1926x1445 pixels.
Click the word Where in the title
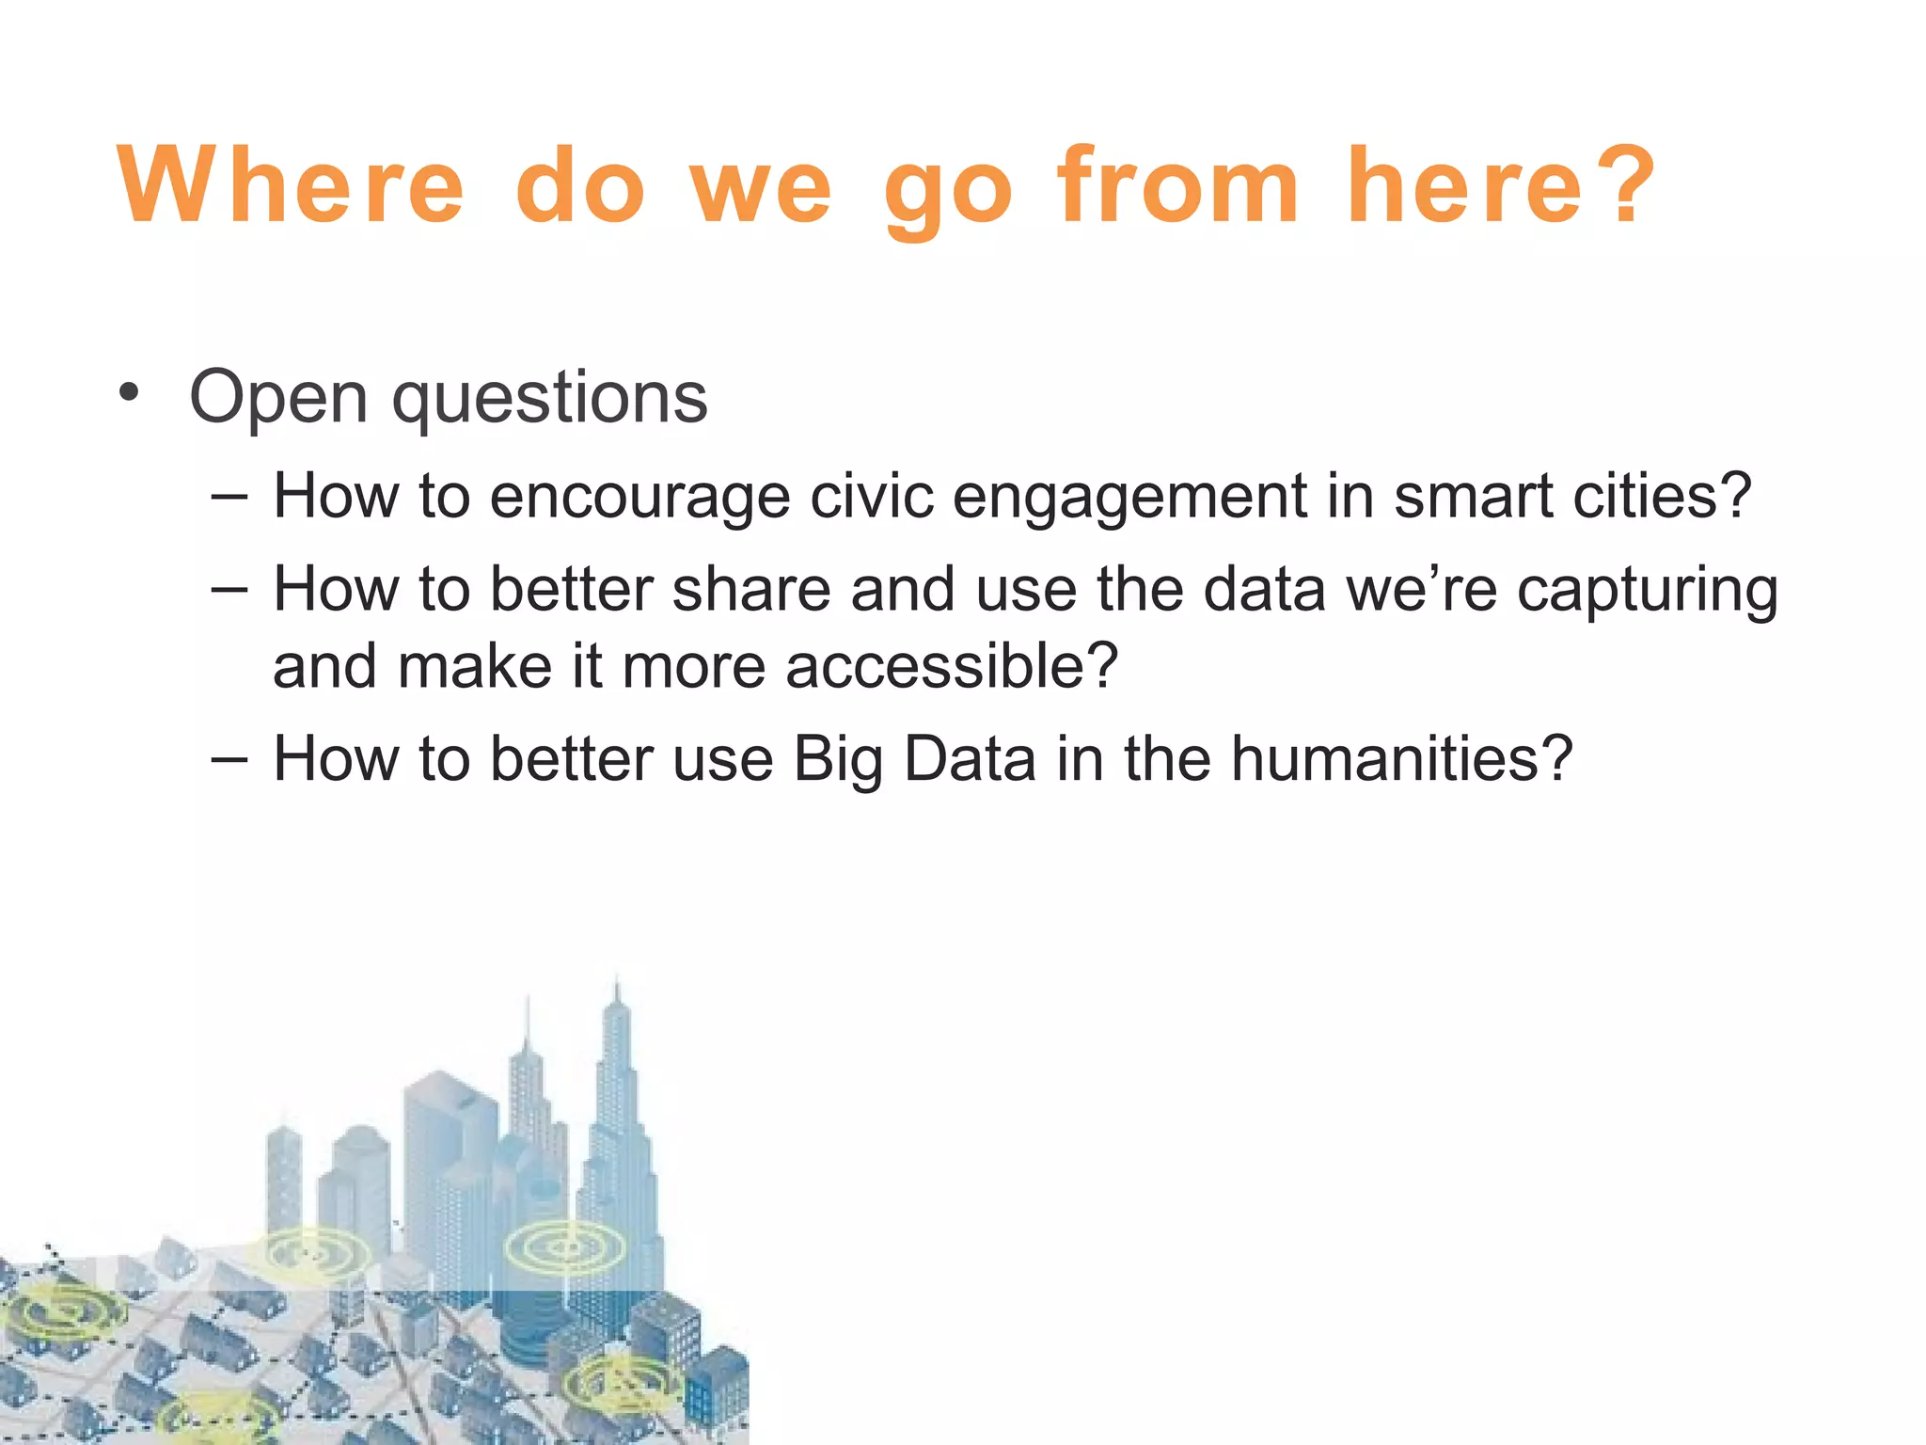point(291,185)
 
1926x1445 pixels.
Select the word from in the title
point(1178,185)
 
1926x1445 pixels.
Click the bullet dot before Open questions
point(130,392)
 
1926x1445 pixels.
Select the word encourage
point(639,497)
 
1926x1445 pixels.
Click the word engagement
point(1129,497)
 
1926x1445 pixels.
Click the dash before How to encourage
point(229,496)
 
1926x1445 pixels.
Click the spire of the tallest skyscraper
point(617,992)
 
